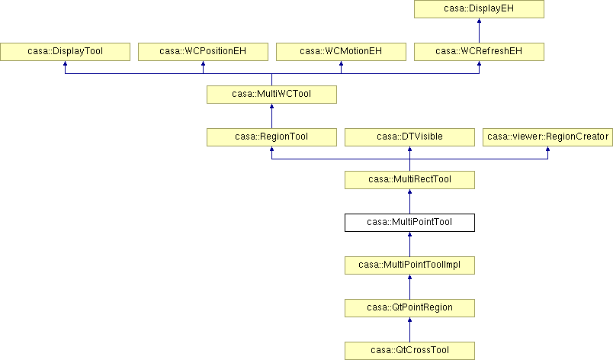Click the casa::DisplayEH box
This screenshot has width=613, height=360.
pos(479,9)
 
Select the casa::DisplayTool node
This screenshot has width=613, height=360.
pos(65,52)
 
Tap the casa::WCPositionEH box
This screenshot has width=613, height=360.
pos(203,52)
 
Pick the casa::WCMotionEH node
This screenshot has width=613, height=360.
pos(341,52)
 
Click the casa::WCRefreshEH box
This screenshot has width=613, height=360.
pos(479,52)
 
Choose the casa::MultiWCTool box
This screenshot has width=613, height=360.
pos(271,95)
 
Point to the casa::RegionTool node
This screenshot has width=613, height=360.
pos(271,137)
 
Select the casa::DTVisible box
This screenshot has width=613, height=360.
pos(409,137)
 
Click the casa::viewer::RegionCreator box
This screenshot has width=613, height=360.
pos(547,137)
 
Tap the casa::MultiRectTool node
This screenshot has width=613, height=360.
pos(409,180)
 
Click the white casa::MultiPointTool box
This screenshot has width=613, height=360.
pos(409,223)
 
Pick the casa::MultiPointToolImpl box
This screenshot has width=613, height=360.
pos(409,265)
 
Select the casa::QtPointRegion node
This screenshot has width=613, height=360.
pos(409,308)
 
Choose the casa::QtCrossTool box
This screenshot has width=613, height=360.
pos(409,351)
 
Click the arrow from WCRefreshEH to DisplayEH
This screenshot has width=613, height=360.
pos(479,31)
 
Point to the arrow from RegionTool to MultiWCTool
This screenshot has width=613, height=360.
pos(271,116)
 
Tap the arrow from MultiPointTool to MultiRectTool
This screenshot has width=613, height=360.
pos(409,201)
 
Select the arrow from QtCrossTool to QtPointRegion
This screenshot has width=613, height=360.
pos(409,329)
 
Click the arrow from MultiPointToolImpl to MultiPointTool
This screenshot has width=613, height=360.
pos(409,244)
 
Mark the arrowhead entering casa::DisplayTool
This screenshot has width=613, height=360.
pos(65,63)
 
